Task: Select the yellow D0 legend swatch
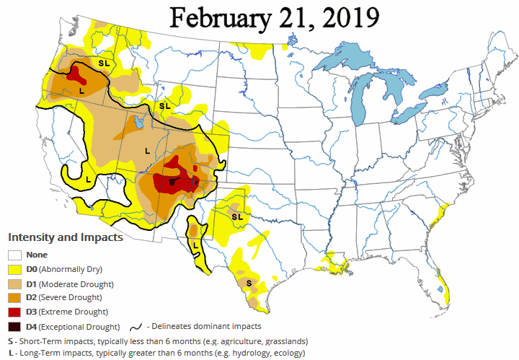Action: [x=14, y=268]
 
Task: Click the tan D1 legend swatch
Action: [x=14, y=283]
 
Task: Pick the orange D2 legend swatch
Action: [x=14, y=297]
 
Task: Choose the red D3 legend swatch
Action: [x=14, y=312]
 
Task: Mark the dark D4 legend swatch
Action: [x=14, y=326]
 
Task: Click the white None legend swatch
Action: [x=14, y=254]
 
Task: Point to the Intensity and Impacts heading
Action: [x=65, y=237]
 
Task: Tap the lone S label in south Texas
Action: [x=249, y=284]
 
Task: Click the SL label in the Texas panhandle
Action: [x=236, y=216]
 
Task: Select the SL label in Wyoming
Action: [x=164, y=106]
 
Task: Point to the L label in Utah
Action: [x=147, y=151]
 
